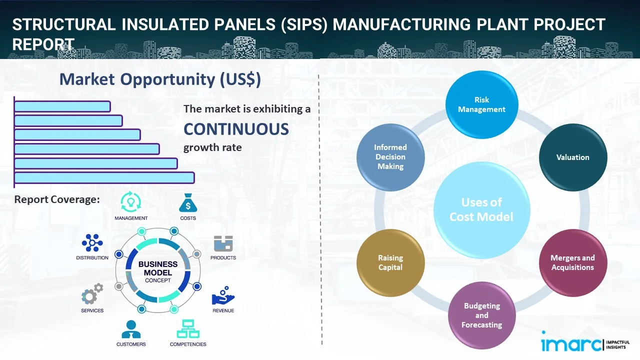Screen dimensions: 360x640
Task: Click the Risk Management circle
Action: pos(481,104)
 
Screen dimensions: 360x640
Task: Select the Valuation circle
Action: pos(572,157)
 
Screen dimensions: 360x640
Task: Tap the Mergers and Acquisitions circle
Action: pos(572,262)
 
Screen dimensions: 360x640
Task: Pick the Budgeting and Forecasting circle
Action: pos(481,315)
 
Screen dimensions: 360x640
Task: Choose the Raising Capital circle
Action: pos(390,262)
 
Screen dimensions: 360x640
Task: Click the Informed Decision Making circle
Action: pos(390,157)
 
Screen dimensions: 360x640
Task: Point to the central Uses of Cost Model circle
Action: pos(481,209)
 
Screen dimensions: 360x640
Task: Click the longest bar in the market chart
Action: pos(104,177)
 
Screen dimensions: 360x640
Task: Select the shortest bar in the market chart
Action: pos(62,106)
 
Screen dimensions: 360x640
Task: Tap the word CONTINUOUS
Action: pos(236,129)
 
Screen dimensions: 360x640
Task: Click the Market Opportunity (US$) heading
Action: pos(160,79)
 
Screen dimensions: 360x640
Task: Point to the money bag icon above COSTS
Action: pos(188,202)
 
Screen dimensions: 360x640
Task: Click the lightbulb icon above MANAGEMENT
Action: pos(130,202)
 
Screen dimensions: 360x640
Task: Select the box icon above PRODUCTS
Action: pos(223,244)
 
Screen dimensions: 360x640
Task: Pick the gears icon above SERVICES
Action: pos(92,295)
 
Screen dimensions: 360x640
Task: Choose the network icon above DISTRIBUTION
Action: pos(92,243)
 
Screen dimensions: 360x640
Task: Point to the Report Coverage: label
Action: pos(57,199)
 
